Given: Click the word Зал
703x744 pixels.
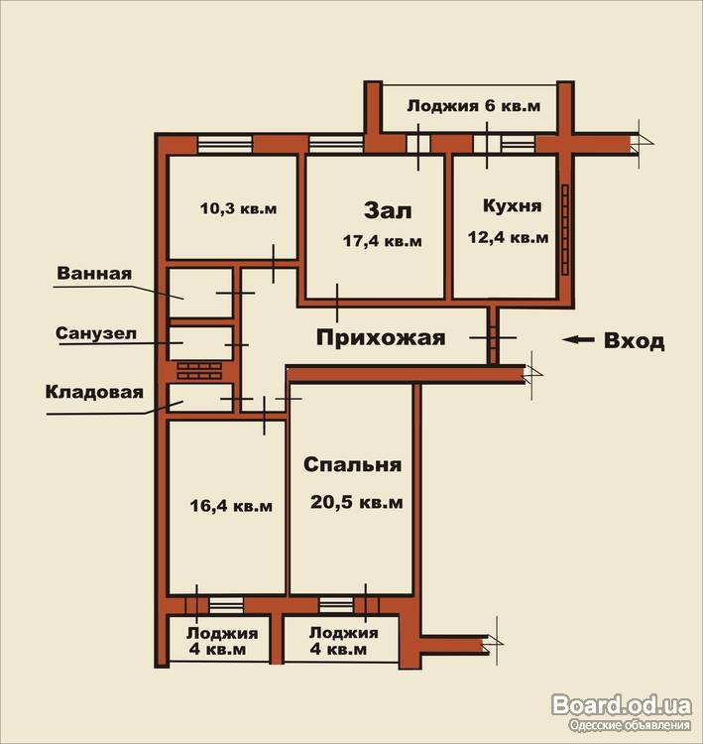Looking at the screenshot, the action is coord(388,210).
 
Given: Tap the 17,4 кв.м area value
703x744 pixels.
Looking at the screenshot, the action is coord(383,241).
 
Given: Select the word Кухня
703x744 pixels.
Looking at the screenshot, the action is coord(512,206).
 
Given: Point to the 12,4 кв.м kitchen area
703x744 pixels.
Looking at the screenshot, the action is coord(508,237).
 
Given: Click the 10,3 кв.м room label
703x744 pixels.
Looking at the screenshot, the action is coord(238,208).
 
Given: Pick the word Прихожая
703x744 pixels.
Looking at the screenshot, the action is coord(381,338).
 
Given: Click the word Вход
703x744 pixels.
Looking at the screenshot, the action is coord(634,341).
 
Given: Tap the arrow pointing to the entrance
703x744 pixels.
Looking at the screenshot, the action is coord(578,339).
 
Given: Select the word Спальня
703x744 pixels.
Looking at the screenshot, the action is coord(352,464).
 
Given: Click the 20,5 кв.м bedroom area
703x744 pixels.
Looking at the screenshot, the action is coord(357,502).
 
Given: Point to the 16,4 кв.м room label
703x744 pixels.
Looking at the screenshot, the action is coord(231,505).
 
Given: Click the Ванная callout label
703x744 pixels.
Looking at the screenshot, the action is coord(94,274).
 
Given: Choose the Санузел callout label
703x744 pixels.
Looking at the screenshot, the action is coord(96,333).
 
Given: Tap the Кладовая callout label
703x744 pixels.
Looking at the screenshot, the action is coord(94,393).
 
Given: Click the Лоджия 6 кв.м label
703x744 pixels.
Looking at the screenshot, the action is coord(473,105).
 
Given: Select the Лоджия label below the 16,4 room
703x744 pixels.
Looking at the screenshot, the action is coord(222,633).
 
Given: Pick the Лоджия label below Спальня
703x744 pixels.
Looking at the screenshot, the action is coord(344,633).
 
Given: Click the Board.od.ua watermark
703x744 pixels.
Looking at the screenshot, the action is coord(622,705).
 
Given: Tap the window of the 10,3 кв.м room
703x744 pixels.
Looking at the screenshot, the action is coord(225,144).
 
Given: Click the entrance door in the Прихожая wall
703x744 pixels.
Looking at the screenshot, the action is coord(494,337).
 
